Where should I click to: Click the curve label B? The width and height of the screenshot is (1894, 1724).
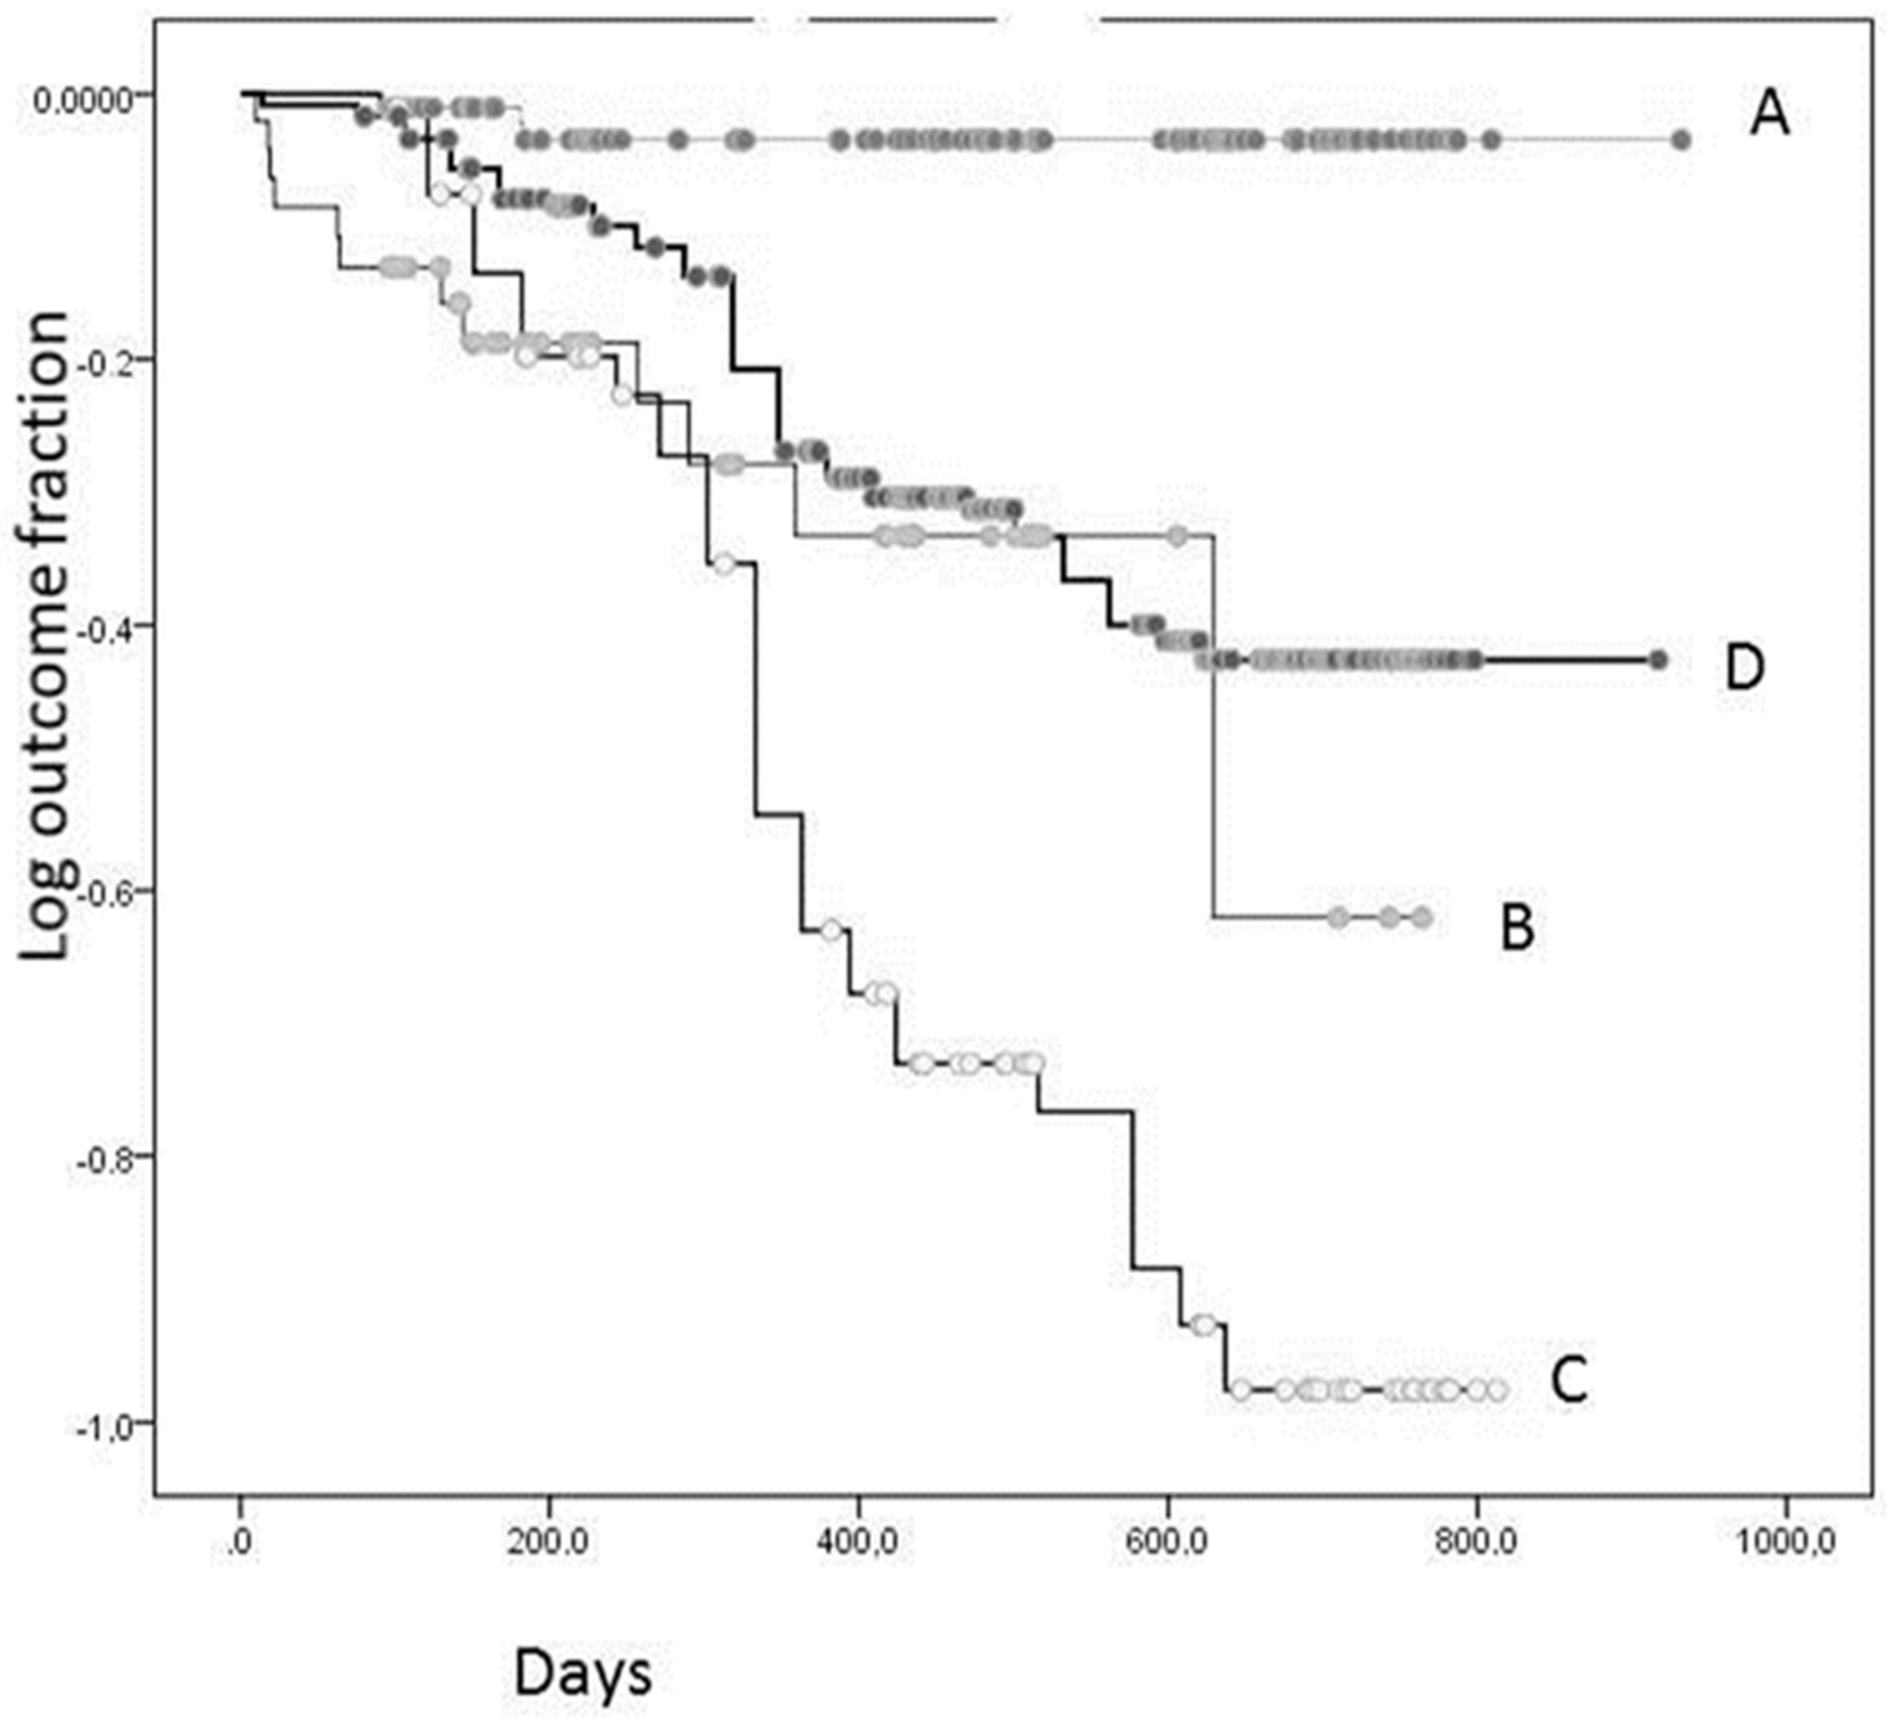coord(1517,928)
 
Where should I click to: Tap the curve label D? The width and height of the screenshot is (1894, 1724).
coord(1744,667)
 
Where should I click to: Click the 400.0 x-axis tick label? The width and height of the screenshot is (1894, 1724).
coord(858,1545)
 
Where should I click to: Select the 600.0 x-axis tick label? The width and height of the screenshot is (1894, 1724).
coord(1168,1545)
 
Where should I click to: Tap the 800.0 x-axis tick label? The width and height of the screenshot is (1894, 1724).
coord(1477,1545)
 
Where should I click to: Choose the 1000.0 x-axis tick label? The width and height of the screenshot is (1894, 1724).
coord(1785,1545)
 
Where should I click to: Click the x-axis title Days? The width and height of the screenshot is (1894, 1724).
coord(583,1674)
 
